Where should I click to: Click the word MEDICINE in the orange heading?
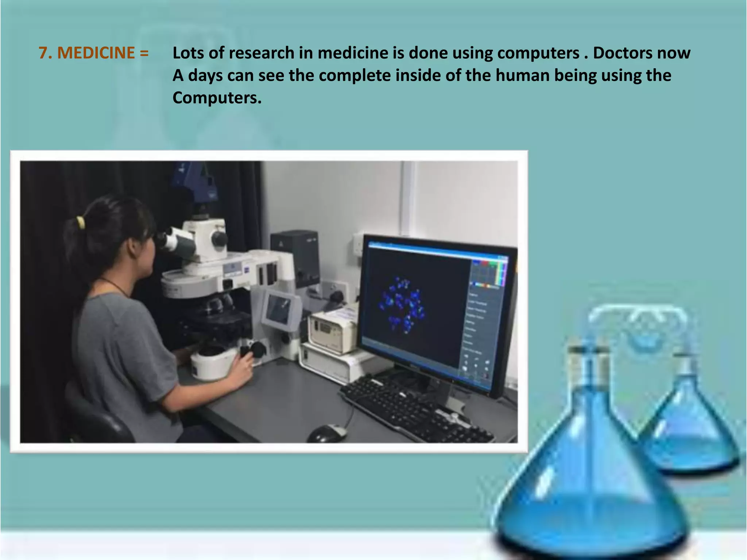(x=96, y=53)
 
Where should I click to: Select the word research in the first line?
(x=262, y=53)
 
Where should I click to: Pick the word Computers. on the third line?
(x=217, y=98)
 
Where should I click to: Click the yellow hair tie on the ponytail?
(x=80, y=222)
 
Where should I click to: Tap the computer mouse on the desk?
(x=327, y=433)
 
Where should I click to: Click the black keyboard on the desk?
(x=416, y=408)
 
